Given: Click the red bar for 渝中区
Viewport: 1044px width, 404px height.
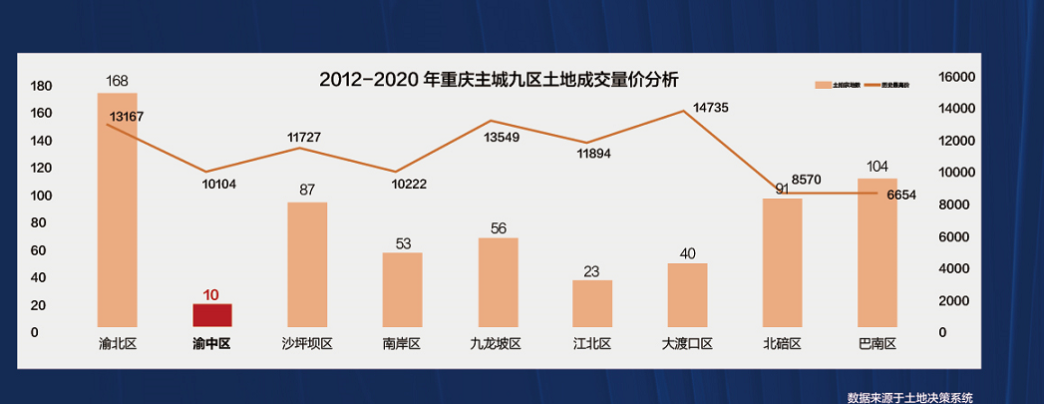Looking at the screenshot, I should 211,315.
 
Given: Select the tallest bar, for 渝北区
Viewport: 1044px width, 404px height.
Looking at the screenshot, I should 117,209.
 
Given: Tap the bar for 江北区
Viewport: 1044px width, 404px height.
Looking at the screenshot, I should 592,303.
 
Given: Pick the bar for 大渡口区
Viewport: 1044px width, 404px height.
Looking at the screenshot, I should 687,295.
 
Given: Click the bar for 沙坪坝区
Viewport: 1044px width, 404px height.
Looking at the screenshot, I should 307,264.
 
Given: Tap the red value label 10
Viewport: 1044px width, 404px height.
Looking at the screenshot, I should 211,295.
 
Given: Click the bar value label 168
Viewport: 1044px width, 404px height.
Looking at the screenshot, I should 118,80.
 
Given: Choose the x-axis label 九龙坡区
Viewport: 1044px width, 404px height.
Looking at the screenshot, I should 496,344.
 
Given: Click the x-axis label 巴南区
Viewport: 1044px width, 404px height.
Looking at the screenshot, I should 877,344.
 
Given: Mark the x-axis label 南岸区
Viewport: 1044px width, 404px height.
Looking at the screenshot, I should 402,344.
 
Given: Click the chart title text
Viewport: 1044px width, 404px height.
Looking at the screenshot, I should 498,79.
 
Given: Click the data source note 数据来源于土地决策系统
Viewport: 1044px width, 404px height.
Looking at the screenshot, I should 909,397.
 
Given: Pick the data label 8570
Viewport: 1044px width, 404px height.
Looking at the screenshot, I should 806,180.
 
